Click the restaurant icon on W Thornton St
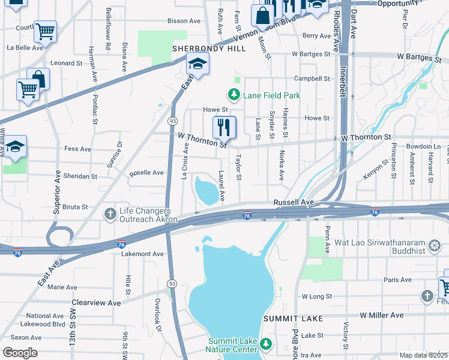click(224, 127)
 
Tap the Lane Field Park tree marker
click(232, 95)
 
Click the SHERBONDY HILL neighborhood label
click(209, 49)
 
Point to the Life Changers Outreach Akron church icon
click(110, 214)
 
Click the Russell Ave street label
click(294, 203)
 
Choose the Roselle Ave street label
click(147, 173)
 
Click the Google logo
click(20, 352)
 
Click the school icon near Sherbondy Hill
click(196, 63)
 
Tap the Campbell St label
click(312, 79)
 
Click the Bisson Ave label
click(184, 21)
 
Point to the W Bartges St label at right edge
click(419, 58)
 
